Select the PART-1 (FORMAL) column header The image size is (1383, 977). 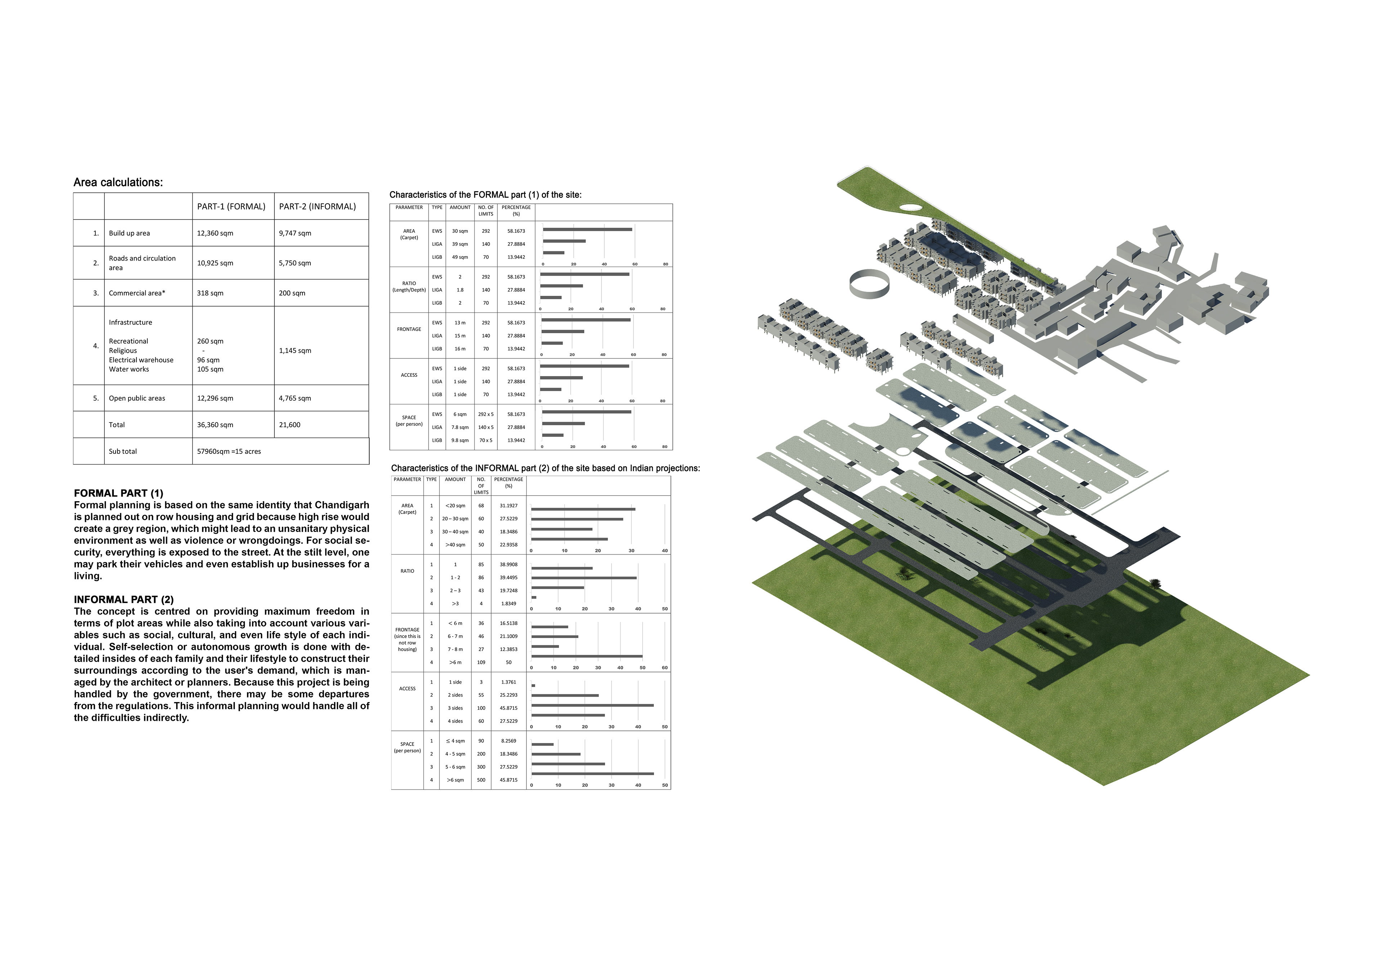(231, 207)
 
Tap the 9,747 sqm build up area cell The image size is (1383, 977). (295, 233)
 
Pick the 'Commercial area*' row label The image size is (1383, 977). (137, 293)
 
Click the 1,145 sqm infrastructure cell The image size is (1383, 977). (295, 350)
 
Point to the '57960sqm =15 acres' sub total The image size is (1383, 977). (229, 452)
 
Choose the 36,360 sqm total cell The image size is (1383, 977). (215, 425)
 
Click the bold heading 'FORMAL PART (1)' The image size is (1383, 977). (118, 493)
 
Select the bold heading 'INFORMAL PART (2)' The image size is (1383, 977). (124, 600)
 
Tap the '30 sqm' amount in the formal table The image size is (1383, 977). (460, 231)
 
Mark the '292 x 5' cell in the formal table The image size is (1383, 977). (485, 414)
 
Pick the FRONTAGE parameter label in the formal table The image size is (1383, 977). (409, 329)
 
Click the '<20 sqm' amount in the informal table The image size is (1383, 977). (455, 506)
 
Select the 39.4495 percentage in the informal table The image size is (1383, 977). (509, 577)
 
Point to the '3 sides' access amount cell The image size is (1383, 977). (455, 708)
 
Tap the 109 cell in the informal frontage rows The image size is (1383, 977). (481, 662)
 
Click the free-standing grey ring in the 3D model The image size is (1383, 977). (869, 283)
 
